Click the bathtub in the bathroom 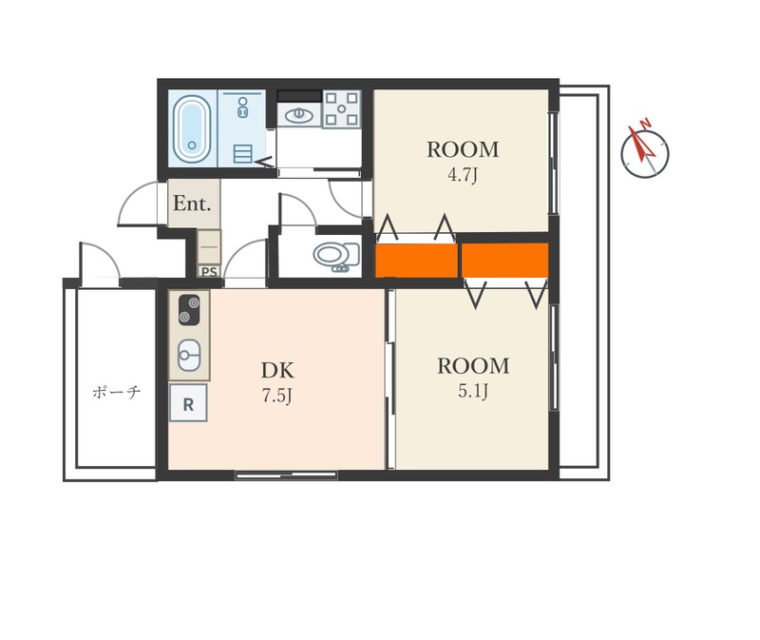pos(192,128)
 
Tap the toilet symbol pos(337,256)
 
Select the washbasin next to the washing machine pos(299,115)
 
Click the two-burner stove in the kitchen pos(189,310)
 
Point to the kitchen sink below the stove pos(189,355)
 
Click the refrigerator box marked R pos(188,402)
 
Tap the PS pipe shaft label pos(209,272)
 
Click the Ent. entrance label pos(192,204)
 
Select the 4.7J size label pos(463,175)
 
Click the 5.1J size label pos(473,391)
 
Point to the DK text pos(277,370)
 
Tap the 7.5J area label pos(277,396)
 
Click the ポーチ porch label pos(116,392)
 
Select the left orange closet pos(417,261)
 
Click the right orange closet pos(505,260)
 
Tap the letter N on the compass pos(645,124)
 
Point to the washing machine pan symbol pos(342,109)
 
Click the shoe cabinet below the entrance pos(209,247)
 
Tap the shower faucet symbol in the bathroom pos(243,107)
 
